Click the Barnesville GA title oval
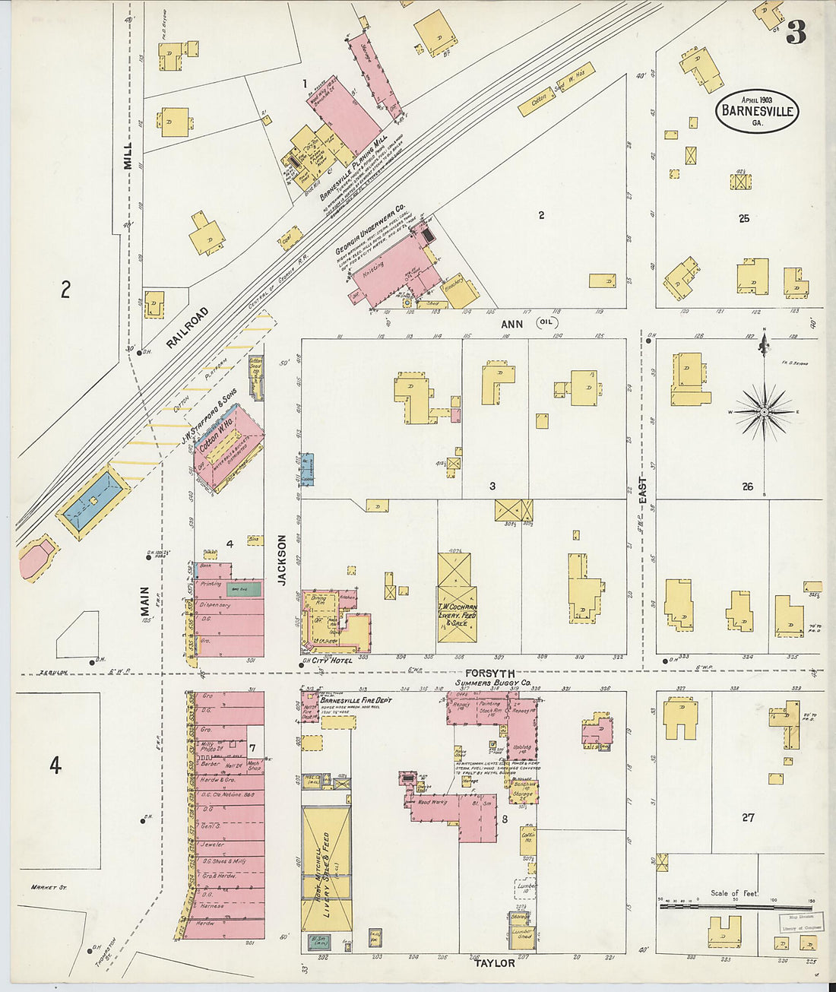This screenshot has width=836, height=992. click(756, 111)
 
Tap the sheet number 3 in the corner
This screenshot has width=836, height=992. click(796, 33)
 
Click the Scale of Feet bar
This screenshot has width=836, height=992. click(735, 906)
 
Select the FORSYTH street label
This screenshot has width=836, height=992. click(489, 673)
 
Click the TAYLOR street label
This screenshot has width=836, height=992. click(495, 963)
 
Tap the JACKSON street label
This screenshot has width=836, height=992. click(281, 559)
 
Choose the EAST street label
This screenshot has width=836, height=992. click(642, 493)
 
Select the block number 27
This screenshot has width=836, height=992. click(748, 817)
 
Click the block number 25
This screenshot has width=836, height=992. click(743, 218)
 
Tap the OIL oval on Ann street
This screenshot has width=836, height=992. click(546, 323)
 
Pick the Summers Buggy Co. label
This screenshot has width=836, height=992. click(493, 683)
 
